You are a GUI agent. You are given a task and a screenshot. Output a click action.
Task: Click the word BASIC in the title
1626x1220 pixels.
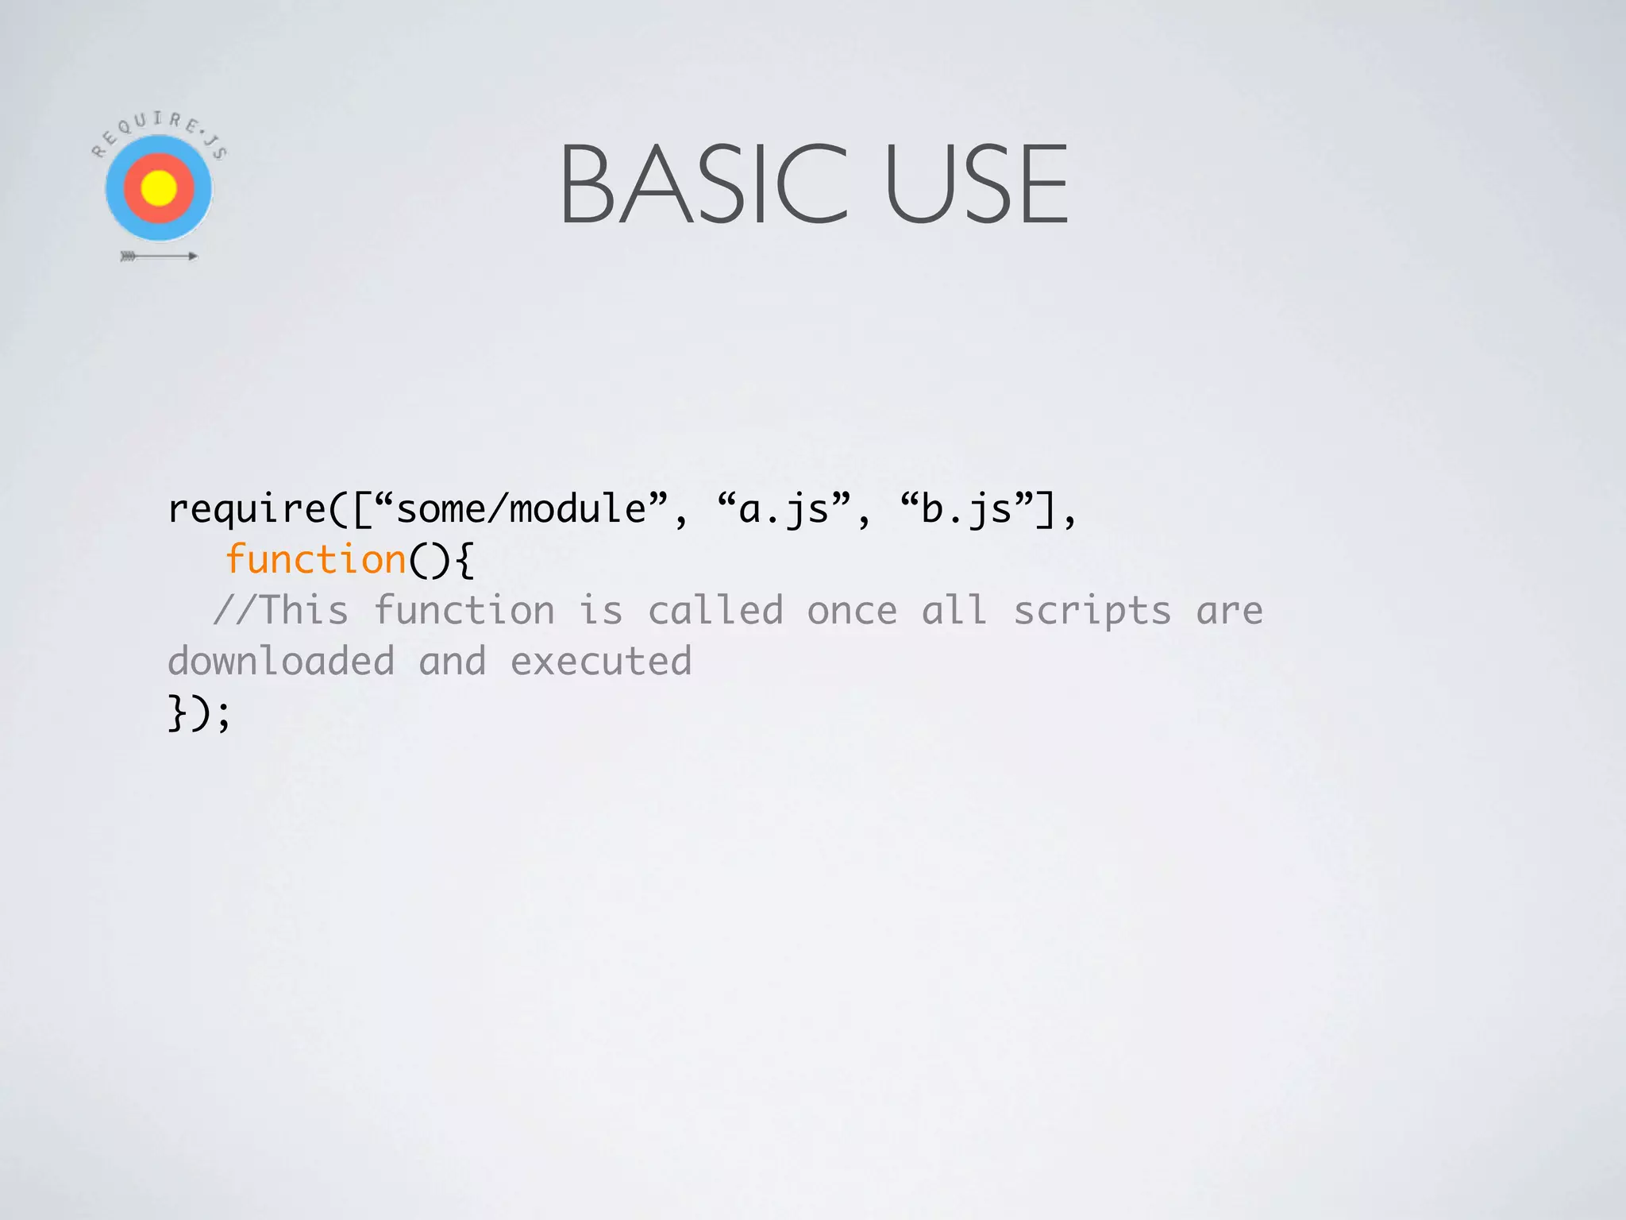[703, 184]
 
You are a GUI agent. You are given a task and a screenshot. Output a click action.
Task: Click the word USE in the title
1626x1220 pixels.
[977, 184]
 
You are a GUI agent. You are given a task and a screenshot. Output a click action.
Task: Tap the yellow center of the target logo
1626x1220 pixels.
[159, 188]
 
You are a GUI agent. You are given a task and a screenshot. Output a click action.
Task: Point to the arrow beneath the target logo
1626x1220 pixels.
[159, 256]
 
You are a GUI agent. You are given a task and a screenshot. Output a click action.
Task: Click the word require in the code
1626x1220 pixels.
[247, 509]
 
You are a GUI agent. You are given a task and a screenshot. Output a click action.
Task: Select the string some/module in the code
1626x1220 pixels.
[521, 509]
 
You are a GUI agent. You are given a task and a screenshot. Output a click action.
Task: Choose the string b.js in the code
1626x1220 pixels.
[966, 509]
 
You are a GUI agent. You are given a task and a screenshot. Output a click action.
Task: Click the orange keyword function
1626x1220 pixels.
[315, 560]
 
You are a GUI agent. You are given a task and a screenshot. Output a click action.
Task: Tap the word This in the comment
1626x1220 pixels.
[304, 611]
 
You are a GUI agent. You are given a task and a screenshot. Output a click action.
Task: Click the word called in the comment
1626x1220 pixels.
[715, 611]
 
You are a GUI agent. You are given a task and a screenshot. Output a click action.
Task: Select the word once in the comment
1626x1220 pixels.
[852, 611]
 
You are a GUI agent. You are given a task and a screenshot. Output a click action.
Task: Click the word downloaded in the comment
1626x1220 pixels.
[281, 662]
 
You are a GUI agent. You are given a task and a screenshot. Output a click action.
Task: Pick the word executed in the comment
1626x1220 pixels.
[601, 662]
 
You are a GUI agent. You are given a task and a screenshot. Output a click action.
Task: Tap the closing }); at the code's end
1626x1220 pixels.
[198, 712]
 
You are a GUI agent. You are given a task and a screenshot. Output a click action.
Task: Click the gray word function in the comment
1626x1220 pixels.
[464, 611]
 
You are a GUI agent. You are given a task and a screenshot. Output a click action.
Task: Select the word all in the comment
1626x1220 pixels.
[954, 611]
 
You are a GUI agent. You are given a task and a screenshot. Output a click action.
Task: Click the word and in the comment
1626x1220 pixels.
[452, 662]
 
